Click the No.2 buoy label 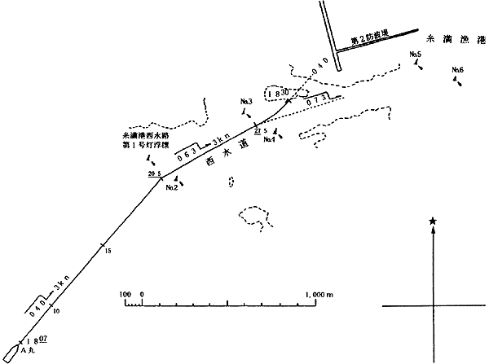pyautogui.click(x=171, y=188)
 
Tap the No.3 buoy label pyautogui.click(x=248, y=101)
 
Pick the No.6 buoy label pyautogui.click(x=457, y=71)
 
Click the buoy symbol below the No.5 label pyautogui.click(x=419, y=65)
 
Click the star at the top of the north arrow pyautogui.click(x=432, y=221)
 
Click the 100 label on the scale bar pyautogui.click(x=125, y=293)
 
